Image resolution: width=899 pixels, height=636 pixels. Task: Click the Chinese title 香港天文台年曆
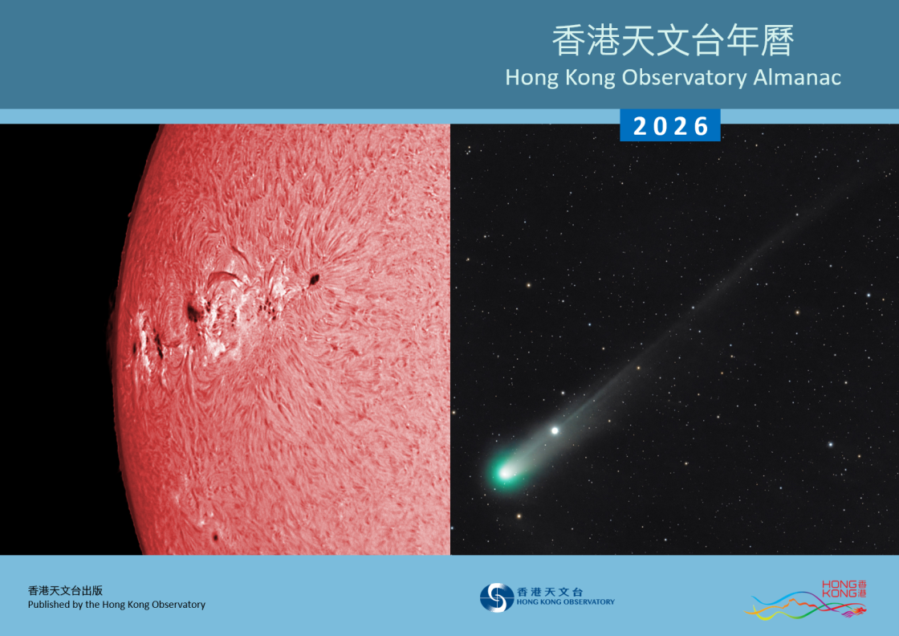673,42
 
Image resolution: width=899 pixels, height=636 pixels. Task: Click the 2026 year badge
670,126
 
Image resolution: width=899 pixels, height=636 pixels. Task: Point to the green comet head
505,472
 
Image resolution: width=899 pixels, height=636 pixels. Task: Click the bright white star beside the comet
555,430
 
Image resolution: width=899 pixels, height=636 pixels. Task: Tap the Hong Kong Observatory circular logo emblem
496,597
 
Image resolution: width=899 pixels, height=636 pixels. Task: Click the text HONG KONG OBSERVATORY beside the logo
566,601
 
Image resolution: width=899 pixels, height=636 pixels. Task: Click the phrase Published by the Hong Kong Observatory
116,605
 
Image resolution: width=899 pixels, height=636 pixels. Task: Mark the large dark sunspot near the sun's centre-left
193,312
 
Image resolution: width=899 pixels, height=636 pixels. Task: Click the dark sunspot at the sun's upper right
313,279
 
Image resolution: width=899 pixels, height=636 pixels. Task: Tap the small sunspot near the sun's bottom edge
215,536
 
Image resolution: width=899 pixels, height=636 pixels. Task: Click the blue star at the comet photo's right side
830,443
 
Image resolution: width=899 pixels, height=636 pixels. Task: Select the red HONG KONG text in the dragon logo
838,589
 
